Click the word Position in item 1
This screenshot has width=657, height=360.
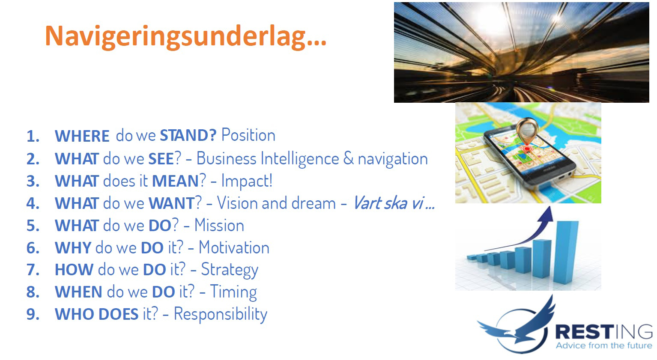(248, 135)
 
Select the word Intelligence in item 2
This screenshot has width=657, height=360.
(300, 159)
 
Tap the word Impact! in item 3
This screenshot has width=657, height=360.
(247, 181)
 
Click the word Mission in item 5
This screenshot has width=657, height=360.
(219, 226)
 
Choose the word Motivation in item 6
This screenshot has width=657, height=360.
(234, 248)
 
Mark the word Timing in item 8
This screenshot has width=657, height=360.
(233, 292)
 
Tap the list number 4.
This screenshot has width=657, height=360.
(33, 203)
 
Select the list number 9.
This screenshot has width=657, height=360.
(33, 314)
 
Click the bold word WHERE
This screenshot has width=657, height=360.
(82, 136)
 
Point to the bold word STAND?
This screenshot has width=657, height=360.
(188, 135)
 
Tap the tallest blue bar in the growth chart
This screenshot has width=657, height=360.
(566, 253)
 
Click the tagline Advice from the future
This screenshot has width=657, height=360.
(604, 345)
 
